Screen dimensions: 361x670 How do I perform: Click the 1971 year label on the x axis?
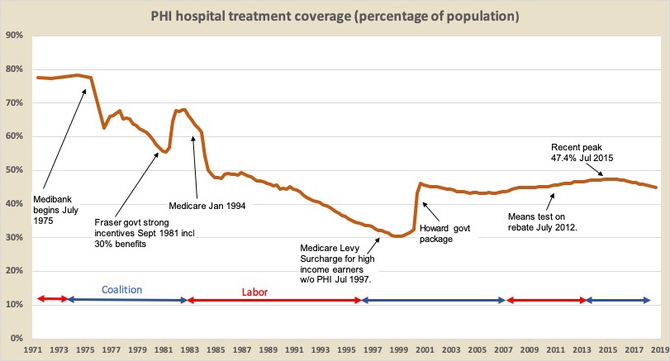tap(33, 350)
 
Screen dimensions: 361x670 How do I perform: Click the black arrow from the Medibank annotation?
tap(64, 140)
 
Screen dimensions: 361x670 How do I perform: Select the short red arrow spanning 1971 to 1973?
tap(51, 298)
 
